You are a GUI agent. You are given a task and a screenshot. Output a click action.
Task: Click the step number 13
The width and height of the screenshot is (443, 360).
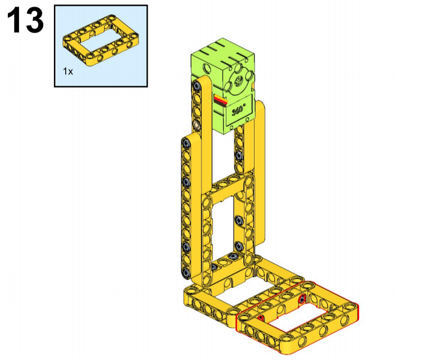(25, 20)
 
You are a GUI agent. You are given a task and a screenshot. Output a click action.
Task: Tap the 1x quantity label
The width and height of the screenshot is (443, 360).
(68, 72)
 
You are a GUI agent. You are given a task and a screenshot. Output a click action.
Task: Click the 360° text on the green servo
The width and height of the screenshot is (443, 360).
(238, 110)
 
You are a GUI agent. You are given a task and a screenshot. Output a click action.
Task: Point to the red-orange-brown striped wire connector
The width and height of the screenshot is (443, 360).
(221, 100)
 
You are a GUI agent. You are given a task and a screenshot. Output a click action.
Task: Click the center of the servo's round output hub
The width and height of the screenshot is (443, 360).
(239, 81)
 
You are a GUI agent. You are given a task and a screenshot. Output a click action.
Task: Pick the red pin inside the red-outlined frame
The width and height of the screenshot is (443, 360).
(302, 298)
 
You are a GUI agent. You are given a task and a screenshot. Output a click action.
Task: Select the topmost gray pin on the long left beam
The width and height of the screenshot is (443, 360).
(186, 144)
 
